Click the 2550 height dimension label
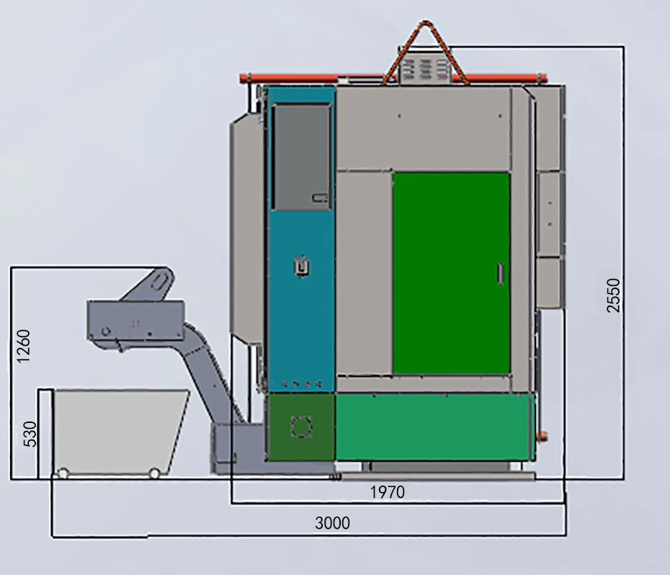pyautogui.click(x=613, y=295)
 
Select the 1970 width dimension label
pyautogui.click(x=387, y=492)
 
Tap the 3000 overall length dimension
pyautogui.click(x=332, y=523)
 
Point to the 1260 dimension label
pyautogui.click(x=24, y=347)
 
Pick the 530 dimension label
pyautogui.click(x=30, y=434)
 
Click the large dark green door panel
pyautogui.click(x=451, y=273)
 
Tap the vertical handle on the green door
pyautogui.click(x=501, y=274)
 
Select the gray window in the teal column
pyautogui.click(x=302, y=157)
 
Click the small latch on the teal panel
pyautogui.click(x=302, y=267)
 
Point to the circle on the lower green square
pyautogui.click(x=301, y=427)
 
